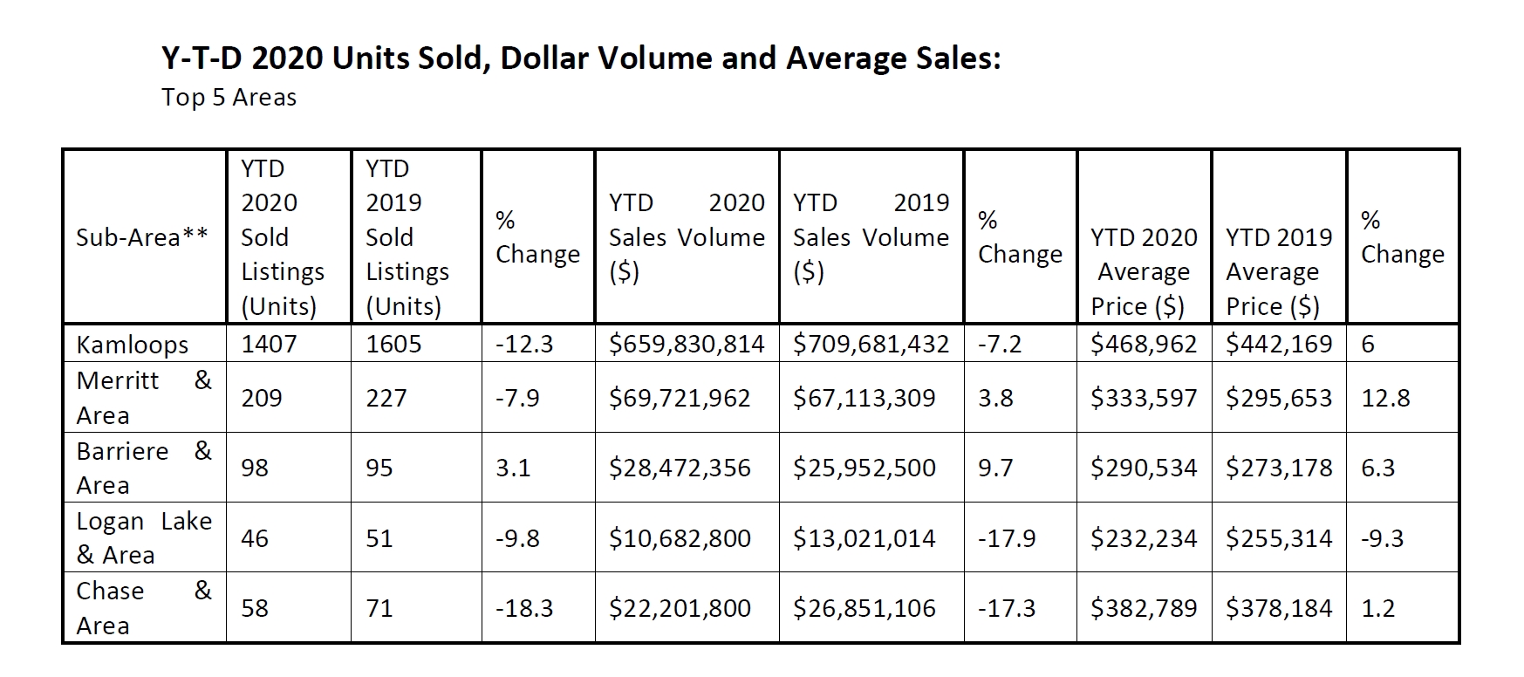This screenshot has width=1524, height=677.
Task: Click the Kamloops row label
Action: [x=132, y=345]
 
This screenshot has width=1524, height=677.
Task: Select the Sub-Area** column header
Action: [x=142, y=237]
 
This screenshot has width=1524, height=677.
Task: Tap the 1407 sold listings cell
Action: [x=269, y=344]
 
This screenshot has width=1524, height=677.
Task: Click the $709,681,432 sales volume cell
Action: [x=871, y=344]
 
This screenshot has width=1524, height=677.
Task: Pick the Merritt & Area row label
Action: [x=144, y=398]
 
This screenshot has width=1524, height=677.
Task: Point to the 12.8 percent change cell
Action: [x=1385, y=398]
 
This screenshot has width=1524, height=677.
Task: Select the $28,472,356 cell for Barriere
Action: [x=680, y=468]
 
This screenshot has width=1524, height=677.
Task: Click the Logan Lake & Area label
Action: [x=144, y=537]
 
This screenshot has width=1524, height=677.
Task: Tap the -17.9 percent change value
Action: [x=1006, y=538]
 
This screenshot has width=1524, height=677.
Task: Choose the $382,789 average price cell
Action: [x=1143, y=608]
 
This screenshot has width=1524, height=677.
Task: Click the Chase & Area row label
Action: [x=144, y=608]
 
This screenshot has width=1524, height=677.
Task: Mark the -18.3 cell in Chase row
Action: [x=523, y=608]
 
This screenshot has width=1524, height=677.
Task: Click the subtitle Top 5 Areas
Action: [x=229, y=97]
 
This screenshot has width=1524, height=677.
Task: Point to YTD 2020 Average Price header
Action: [x=1143, y=271]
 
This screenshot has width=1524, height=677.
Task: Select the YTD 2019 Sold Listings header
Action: [x=407, y=237]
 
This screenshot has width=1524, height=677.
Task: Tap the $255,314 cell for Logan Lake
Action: [x=1278, y=538]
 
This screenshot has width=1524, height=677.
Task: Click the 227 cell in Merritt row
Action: [x=386, y=398]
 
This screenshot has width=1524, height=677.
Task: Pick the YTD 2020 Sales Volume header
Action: [x=687, y=237]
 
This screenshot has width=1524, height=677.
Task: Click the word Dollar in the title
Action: [x=550, y=58]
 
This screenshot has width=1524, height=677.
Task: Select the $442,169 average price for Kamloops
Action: [x=1278, y=344]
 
